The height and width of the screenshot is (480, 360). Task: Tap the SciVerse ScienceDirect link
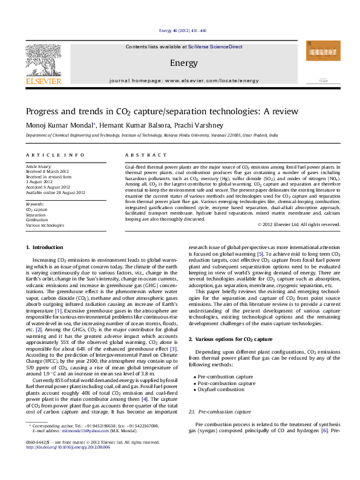pyautogui.click(x=215, y=47)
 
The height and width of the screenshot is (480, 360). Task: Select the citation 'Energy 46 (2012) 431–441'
pyautogui.click(x=183, y=30)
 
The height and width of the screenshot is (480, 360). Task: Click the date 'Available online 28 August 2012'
pyautogui.click(x=53, y=193)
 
